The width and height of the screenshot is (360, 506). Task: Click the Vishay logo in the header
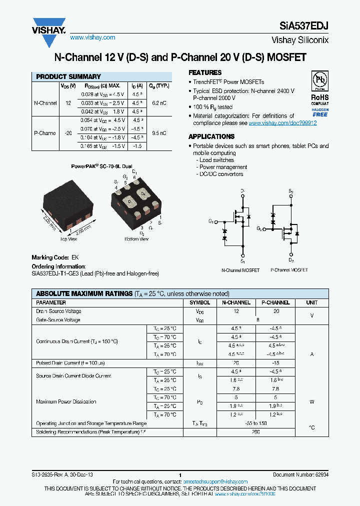tap(49, 26)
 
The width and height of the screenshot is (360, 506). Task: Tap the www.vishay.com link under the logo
tap(92, 37)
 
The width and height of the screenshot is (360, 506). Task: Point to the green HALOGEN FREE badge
tap(319, 112)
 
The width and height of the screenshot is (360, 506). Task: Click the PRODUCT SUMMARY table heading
tap(68, 77)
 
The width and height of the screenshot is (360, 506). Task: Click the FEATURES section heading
tap(205, 72)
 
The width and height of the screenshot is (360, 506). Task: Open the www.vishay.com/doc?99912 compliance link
tap(282, 123)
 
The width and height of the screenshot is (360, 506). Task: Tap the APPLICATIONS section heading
tap(211, 136)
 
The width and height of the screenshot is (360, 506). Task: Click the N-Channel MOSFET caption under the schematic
tap(240, 270)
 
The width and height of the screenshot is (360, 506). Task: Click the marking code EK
tap(75, 257)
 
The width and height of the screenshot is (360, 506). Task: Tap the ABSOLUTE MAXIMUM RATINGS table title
tap(84, 294)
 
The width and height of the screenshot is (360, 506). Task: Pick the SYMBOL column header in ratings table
tap(200, 303)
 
